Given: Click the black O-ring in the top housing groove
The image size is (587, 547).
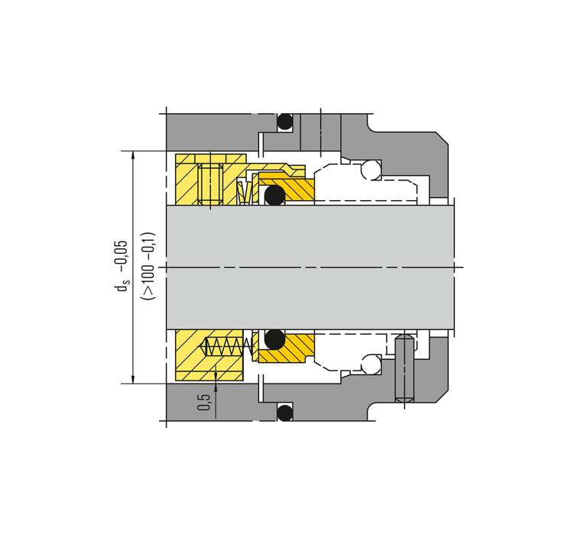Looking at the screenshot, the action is (284, 121).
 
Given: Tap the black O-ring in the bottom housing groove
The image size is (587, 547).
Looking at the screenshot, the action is (284, 413).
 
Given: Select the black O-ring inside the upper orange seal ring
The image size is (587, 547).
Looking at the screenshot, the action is (275, 195).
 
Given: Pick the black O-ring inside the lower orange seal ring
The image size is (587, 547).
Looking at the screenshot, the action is (275, 339).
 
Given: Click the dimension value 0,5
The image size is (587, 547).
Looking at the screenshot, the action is (204, 401).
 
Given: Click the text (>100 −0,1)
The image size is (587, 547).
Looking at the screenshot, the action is (148, 267).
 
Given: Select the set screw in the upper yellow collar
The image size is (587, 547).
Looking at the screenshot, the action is (210, 183).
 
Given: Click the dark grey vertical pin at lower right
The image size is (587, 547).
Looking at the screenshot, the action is (404, 368).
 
